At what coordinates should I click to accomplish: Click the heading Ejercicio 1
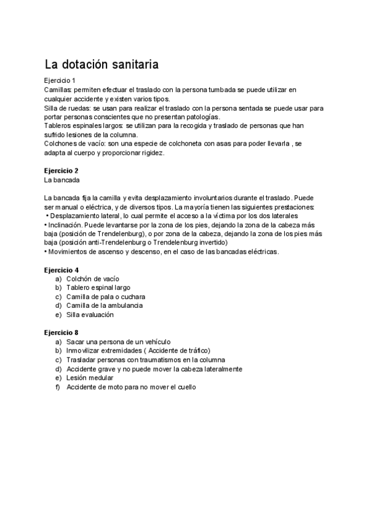click(60, 80)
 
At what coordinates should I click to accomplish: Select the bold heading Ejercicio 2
click(61, 170)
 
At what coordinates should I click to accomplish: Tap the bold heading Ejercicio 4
click(61, 270)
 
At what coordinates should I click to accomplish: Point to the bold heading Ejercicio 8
click(61, 332)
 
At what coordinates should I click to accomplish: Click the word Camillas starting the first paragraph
click(58, 90)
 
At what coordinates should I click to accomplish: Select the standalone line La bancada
click(62, 180)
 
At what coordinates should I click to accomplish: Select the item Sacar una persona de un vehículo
click(118, 341)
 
